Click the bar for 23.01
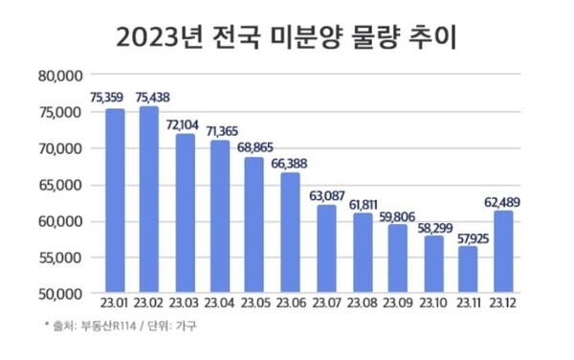[x=115, y=201]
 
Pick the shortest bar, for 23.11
[x=466, y=269]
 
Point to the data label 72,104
[x=184, y=125]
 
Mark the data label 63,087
[x=325, y=197]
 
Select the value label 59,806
[x=396, y=216]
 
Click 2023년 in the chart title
[x=159, y=37]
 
